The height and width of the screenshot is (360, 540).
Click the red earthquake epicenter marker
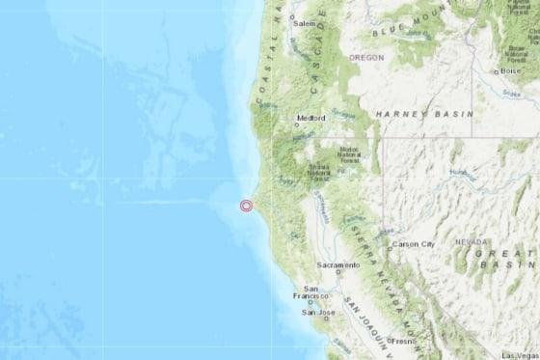pyautogui.click(x=246, y=205)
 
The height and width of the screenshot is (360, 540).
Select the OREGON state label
pyautogui.click(x=366, y=58)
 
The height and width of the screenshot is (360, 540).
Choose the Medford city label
pyautogui.click(x=311, y=119)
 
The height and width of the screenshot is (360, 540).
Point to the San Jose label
pyautogui.click(x=318, y=313)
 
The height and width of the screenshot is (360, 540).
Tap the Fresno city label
pyautogui.click(x=402, y=341)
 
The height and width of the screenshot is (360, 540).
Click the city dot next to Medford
pyautogui.click(x=295, y=123)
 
